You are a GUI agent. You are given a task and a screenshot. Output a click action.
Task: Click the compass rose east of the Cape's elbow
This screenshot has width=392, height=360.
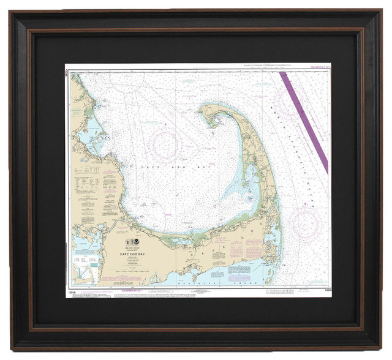point(304,223)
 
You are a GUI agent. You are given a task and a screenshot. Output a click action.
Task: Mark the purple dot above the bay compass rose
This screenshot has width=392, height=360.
point(165,126)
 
